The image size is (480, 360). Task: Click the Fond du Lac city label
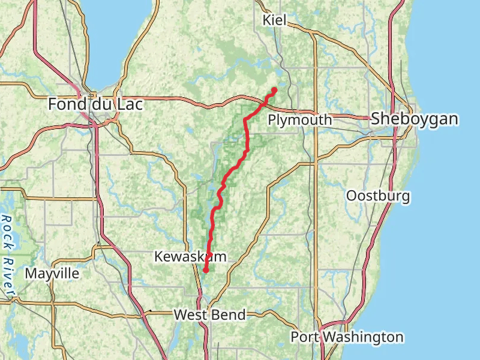coord(95,104)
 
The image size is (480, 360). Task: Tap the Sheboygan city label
coord(415,119)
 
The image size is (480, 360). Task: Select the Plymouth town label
coord(299,120)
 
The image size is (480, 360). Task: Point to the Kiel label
coord(275,20)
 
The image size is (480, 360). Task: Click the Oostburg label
coord(378,196)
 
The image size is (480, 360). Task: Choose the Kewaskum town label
coord(190,257)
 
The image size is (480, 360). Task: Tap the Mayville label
coord(52,274)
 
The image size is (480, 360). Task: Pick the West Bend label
coord(209,314)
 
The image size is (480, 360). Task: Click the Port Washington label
coord(347,337)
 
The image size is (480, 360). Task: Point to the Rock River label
coord(8,256)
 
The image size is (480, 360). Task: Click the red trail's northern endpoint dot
coord(274,90)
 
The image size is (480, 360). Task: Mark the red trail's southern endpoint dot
coord(205,271)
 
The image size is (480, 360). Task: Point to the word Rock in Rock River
coord(7,229)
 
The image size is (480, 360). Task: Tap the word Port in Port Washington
coord(304,337)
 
